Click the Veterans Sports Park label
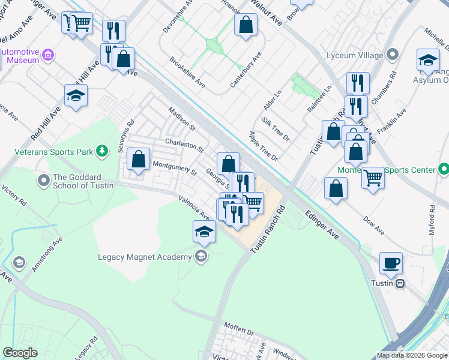55,152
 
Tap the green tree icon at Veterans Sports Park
103,150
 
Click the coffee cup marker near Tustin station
391,263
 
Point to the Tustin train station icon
400,283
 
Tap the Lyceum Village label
354,56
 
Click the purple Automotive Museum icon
48,56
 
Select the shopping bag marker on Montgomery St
138,159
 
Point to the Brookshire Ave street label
187,73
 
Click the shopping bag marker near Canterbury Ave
245,25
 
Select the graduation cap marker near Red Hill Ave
76,95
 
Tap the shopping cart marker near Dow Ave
373,177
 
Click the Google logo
20,353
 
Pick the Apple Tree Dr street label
264,146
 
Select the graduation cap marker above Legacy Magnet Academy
204,231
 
